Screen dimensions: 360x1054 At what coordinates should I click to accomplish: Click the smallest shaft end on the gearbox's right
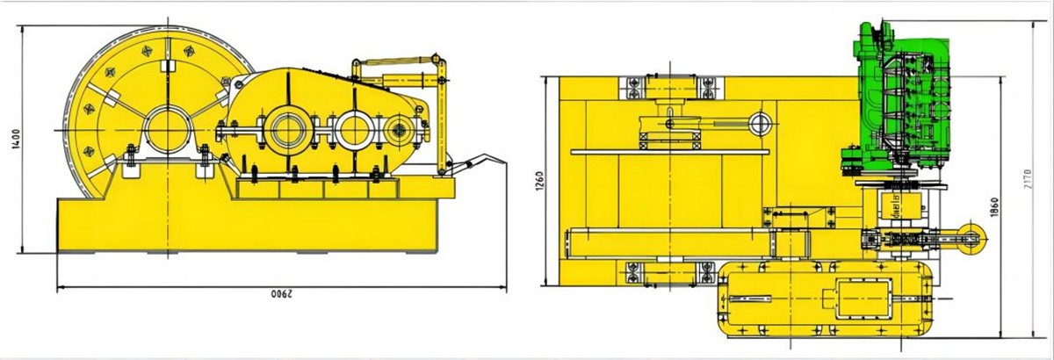click(401, 132)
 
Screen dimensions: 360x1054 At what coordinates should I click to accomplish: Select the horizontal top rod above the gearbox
click(396, 62)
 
